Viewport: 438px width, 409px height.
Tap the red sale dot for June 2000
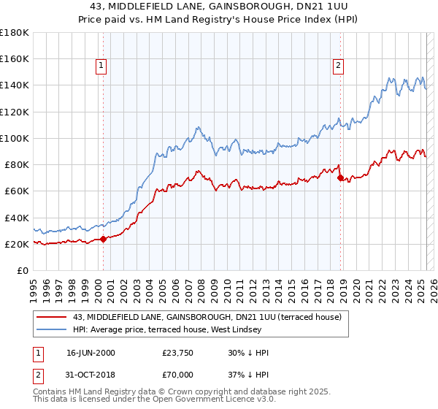point(103,238)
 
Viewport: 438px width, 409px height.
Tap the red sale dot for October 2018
point(340,177)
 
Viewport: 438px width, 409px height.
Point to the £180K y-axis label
point(14,33)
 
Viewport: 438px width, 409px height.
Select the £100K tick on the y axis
point(14,138)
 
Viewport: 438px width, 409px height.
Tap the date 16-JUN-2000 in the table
point(90,353)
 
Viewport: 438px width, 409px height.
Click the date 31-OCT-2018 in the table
point(90,377)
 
